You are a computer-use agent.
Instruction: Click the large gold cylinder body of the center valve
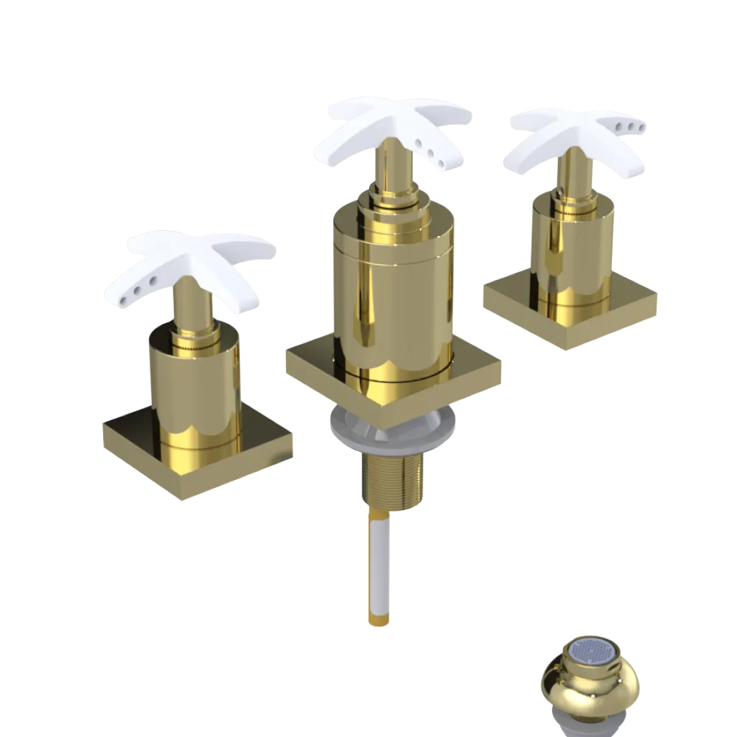391,295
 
